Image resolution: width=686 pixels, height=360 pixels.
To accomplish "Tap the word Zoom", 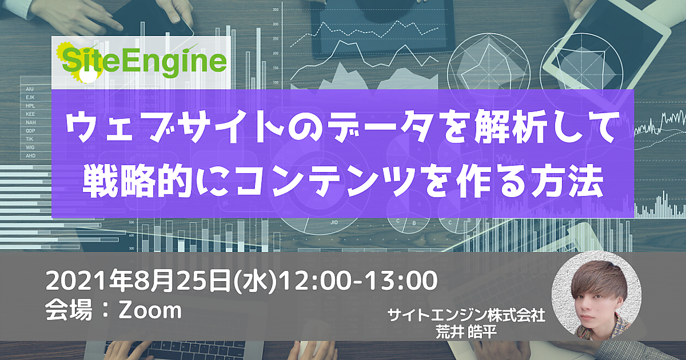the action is pos(150,310).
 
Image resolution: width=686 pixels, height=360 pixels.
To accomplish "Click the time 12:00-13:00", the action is pos(358,280).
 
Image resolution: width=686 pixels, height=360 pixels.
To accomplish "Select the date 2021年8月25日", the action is pos(138,281).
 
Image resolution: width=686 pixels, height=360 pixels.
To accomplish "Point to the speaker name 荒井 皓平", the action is pos(466,332).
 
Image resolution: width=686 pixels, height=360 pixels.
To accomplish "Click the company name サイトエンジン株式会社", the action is pos(466,315).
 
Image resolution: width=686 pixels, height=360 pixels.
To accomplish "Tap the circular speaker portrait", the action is pos(596,296).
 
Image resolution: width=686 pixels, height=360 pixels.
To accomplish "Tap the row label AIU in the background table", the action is pos(30,89).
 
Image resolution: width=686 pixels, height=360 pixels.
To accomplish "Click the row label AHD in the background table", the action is pos(31,155).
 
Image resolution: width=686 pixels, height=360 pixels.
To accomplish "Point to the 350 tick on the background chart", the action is pos(276,10).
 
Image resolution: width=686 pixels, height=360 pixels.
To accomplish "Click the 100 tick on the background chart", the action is pos(276,82).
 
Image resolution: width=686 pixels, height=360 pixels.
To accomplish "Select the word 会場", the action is pos(69,310).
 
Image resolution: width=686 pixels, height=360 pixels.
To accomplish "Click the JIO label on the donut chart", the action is pos(334,222).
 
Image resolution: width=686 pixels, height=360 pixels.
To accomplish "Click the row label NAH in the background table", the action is pos(31,122).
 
